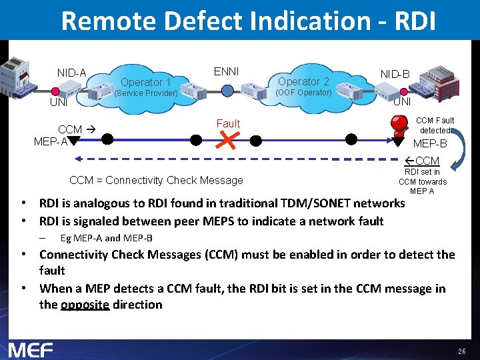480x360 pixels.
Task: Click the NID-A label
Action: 71,73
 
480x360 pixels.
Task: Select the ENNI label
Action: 226,71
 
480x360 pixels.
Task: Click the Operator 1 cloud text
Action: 146,82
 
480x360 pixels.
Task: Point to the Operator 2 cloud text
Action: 303,81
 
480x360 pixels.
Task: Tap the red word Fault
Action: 228,123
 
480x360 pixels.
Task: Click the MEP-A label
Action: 51,141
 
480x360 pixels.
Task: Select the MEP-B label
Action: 430,143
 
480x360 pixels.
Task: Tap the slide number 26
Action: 462,351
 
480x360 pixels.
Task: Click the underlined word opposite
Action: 85,305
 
